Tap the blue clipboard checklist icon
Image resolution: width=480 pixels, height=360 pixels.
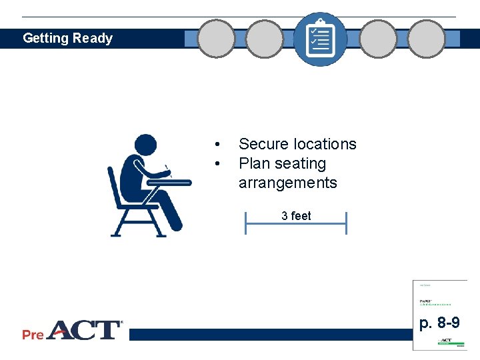[x=320, y=39]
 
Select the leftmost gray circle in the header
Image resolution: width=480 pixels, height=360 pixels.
[x=217, y=39]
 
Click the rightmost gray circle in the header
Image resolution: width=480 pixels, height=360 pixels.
[x=426, y=39]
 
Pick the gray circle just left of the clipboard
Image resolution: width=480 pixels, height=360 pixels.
[x=264, y=39]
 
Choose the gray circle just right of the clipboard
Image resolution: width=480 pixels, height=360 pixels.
[x=378, y=39]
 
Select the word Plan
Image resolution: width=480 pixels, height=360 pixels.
[x=253, y=163]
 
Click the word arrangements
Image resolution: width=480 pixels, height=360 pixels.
[x=288, y=183]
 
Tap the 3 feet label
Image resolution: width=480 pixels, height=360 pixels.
[x=296, y=216]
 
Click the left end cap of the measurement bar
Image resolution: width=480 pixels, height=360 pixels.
[x=246, y=223]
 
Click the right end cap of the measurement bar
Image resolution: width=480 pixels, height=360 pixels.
[x=347, y=223]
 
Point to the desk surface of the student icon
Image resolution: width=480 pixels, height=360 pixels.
[x=169, y=181]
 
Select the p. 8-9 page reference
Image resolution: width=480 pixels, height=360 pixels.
[x=439, y=323]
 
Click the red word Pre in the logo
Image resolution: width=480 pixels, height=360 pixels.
[x=33, y=334]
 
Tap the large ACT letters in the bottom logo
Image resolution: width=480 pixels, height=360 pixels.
[x=83, y=331]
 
